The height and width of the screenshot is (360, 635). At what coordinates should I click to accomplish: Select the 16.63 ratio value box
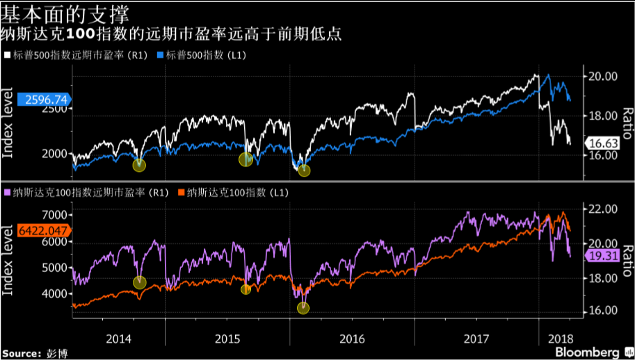coord(600,143)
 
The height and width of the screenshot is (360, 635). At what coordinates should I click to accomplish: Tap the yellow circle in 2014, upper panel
coord(139,165)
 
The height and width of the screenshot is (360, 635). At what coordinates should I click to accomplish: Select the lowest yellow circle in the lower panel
coord(303,308)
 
